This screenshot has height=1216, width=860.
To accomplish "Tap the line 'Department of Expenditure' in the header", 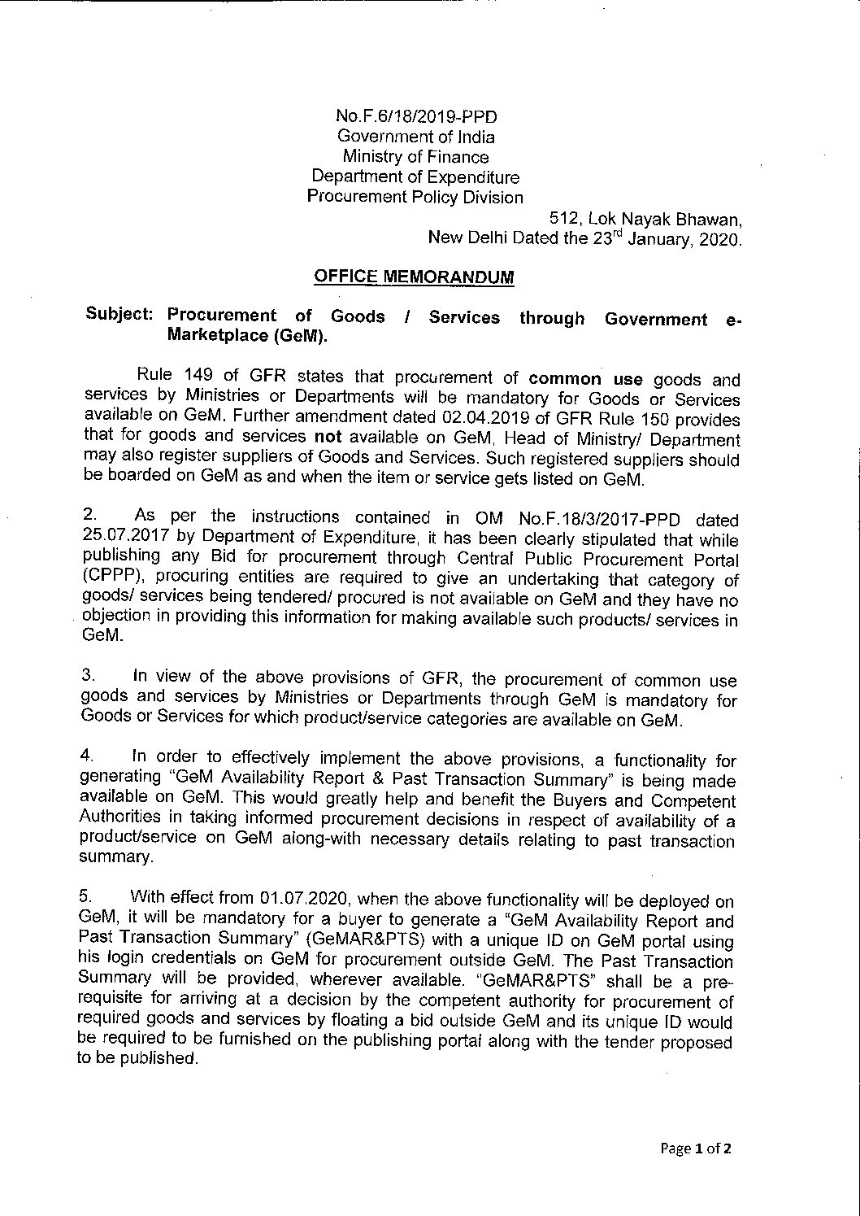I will click(x=416, y=177).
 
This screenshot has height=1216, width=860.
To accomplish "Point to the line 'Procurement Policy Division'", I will click(x=415, y=197).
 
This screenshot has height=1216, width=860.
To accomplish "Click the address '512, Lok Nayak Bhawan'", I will click(x=645, y=219).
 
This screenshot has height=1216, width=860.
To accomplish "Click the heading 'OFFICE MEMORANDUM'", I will click(x=414, y=277).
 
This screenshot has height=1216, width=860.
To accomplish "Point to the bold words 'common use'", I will click(x=586, y=379).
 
